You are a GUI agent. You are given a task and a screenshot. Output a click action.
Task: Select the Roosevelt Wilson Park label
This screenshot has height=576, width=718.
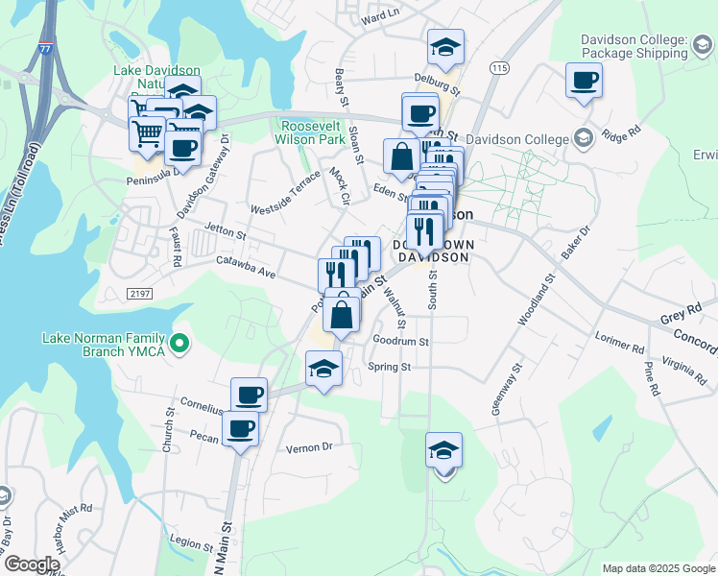pyautogui.click(x=311, y=132)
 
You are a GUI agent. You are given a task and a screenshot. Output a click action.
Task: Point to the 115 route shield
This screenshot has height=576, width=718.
pyautogui.click(x=497, y=68)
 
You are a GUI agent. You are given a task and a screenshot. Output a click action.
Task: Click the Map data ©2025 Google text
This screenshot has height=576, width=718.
pyautogui.click(x=658, y=567)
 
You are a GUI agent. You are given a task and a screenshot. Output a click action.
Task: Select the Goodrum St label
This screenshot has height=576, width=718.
pyautogui.click(x=400, y=341)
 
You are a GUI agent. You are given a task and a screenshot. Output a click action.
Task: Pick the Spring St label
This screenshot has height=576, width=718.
pyautogui.click(x=392, y=367)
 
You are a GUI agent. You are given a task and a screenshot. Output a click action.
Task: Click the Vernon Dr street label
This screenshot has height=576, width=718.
pyautogui.click(x=309, y=447)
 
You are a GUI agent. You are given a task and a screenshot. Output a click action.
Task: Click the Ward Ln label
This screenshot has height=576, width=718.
pyautogui.click(x=380, y=17)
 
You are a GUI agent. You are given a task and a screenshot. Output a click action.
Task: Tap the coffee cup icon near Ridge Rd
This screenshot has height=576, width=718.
pyautogui.click(x=583, y=81)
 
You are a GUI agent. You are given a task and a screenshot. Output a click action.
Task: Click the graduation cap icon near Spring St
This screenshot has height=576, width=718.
pyautogui.click(x=324, y=370)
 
